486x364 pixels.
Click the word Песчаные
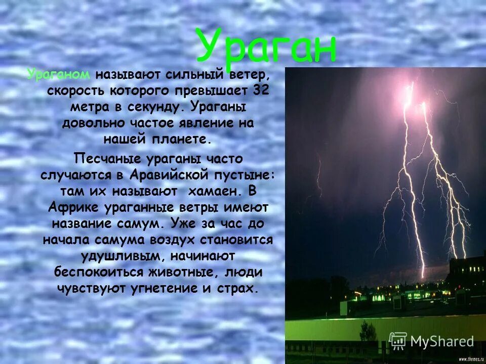point(107,159)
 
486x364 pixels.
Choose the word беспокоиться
point(99,272)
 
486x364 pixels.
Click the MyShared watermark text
point(442,341)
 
